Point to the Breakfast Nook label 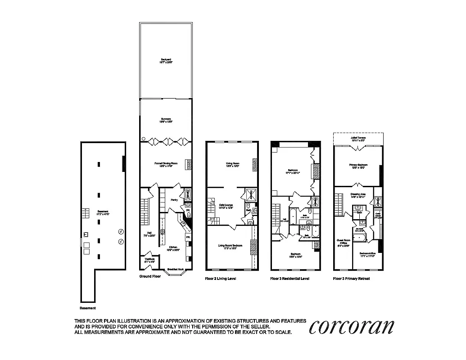175,270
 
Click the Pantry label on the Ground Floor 174,200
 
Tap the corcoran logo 352,327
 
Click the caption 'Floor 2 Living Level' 221,279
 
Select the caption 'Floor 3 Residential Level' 290,279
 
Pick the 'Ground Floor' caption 149,276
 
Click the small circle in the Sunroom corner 143,139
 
